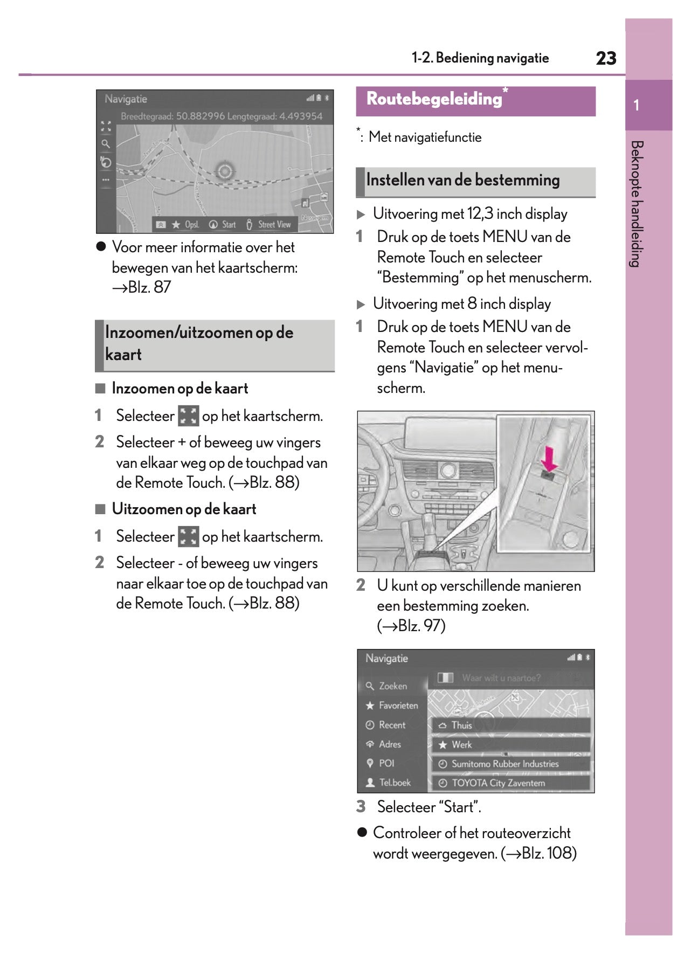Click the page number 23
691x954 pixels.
pyautogui.click(x=606, y=58)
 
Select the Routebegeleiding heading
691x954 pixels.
pyautogui.click(x=434, y=99)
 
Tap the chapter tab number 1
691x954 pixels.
pyautogui.click(x=637, y=105)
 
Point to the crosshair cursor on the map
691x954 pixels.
pyautogui.click(x=225, y=171)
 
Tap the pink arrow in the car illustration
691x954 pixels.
pyautogui.click(x=549, y=458)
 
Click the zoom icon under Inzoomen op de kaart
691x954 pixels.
pyautogui.click(x=188, y=416)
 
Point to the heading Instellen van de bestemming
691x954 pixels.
pyautogui.click(x=462, y=181)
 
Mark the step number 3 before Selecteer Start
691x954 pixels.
pyautogui.click(x=361, y=807)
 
